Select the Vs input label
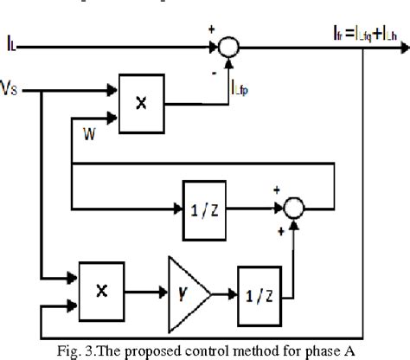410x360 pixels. (15, 87)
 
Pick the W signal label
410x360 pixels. (89, 133)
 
